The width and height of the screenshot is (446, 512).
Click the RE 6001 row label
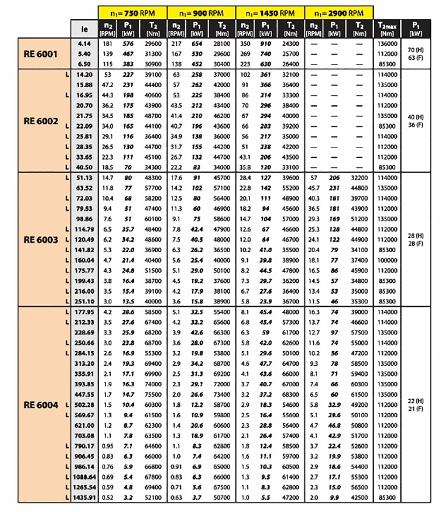pyautogui.click(x=41, y=53)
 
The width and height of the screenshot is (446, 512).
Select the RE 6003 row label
pyautogui.click(x=41, y=239)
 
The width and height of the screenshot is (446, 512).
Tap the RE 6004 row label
pyautogui.click(x=41, y=404)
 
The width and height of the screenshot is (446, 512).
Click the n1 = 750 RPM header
pyautogui.click(x=133, y=11)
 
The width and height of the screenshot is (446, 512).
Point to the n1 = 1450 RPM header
pyautogui.click(x=271, y=11)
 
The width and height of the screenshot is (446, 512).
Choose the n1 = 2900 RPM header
pyautogui.click(x=339, y=11)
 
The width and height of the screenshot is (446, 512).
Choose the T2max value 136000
pyautogui.click(x=388, y=44)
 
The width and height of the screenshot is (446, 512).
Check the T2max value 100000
pyautogui.click(x=388, y=260)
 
